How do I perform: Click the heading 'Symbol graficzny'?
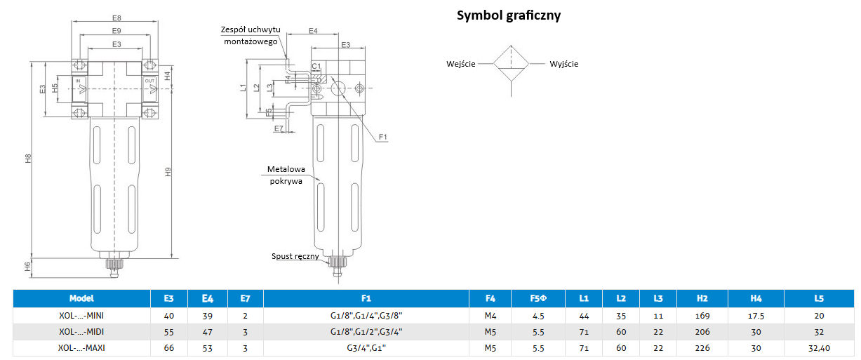pyautogui.click(x=509, y=15)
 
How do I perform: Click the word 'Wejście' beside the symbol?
pyautogui.click(x=461, y=64)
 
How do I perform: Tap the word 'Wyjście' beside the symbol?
pyautogui.click(x=564, y=64)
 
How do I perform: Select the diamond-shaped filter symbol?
pyautogui.click(x=512, y=65)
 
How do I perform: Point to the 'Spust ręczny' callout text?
pyautogui.click(x=295, y=256)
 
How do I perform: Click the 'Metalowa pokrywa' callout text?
pyautogui.click(x=286, y=175)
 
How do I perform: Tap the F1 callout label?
pyautogui.click(x=383, y=136)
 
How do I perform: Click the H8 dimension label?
pyautogui.click(x=28, y=159)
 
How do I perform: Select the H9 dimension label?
pyautogui.click(x=167, y=171)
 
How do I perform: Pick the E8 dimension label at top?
pyautogui.click(x=116, y=18)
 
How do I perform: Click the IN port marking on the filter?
pyautogui.click(x=79, y=81)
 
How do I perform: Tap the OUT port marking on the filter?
pyautogui.click(x=149, y=81)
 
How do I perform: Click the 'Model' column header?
pyautogui.click(x=81, y=298)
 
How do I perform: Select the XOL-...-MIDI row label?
pyautogui.click(x=81, y=331)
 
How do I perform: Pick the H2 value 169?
pyautogui.click(x=702, y=316)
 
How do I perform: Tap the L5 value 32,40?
pyautogui.click(x=819, y=347)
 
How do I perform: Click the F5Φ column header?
pyautogui.click(x=538, y=298)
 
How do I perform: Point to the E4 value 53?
pyautogui.click(x=207, y=347)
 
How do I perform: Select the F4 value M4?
pyautogui.click(x=490, y=316)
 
